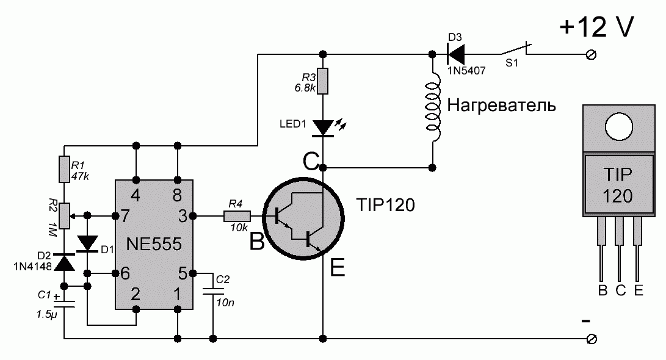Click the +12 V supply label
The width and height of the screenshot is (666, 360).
pos(597,27)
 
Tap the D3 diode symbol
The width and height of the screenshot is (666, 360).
pos(456,54)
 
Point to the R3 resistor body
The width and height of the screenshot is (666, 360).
pos(324,81)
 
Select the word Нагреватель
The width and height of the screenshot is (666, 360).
pos(502,106)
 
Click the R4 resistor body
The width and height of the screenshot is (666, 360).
pos(237,215)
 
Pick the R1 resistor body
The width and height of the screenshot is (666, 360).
pos(65,169)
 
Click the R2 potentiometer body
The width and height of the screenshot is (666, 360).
pos(65,215)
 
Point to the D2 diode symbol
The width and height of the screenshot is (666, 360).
pos(65,262)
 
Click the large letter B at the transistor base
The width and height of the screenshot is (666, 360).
pos(257,243)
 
